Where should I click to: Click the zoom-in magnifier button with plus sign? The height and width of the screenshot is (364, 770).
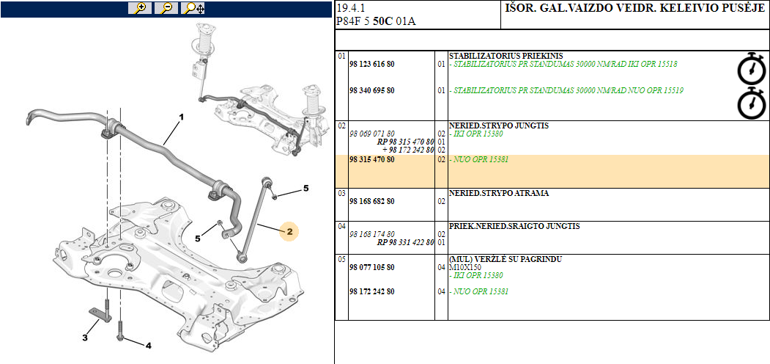[x=140, y=8]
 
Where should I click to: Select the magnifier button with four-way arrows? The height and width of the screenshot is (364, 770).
[x=194, y=8]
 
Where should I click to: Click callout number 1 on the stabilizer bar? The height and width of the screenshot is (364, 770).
[x=181, y=117]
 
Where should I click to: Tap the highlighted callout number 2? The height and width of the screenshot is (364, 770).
[x=289, y=232]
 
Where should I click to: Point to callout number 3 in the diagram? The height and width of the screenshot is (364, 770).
[x=85, y=338]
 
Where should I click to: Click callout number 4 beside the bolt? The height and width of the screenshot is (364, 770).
[x=148, y=345]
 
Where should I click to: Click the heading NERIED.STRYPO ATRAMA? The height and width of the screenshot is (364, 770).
[x=498, y=193]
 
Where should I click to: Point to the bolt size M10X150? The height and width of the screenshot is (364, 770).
[x=466, y=268]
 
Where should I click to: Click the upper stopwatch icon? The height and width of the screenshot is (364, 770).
[x=751, y=68]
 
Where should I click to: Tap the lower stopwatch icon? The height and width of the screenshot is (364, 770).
[x=751, y=103]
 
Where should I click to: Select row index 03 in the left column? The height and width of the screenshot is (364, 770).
[x=341, y=193]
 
